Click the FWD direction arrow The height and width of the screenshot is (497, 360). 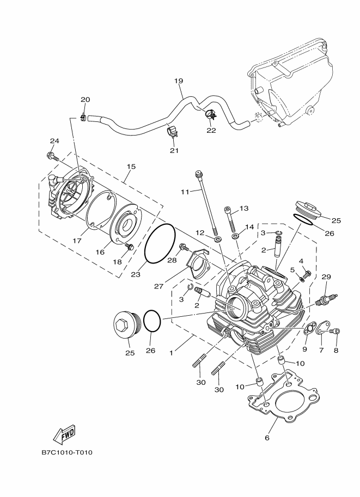pos(64,433)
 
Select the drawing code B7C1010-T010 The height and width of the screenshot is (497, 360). pos(67,452)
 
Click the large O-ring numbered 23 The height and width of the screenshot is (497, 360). pos(160,243)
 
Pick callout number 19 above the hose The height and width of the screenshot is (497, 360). pos(179,81)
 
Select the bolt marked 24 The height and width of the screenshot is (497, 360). pos(53,156)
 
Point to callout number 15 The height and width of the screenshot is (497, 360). pos(131,167)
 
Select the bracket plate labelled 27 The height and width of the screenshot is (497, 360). pos(198,263)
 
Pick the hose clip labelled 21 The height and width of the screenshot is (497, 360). pos(172,132)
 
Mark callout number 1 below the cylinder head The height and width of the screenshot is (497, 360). pos(172,353)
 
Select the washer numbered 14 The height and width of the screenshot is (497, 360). pos(236,236)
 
